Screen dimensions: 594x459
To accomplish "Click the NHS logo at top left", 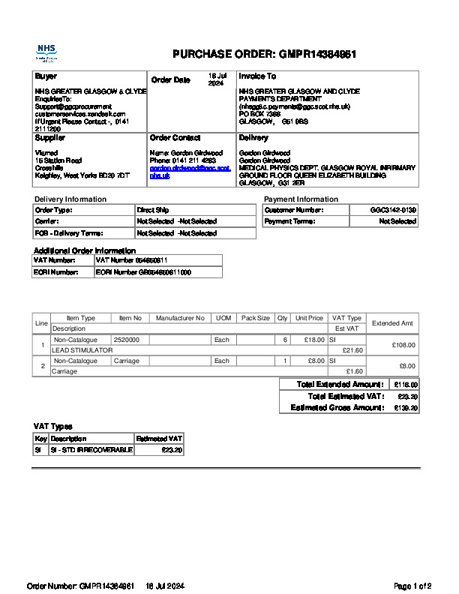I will pyautogui.click(x=46, y=52).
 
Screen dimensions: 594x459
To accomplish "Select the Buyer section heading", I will pyautogui.click(x=46, y=76).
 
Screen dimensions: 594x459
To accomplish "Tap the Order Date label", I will pyautogui.click(x=170, y=80).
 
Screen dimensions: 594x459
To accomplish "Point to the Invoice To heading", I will pyautogui.click(x=257, y=76).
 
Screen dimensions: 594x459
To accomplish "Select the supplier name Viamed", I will pyautogui.click(x=46, y=153).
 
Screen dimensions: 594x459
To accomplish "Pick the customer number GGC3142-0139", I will pyautogui.click(x=393, y=211).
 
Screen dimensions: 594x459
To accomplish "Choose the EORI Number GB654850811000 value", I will pyautogui.click(x=142, y=272).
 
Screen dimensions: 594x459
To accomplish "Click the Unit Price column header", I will pyautogui.click(x=309, y=319).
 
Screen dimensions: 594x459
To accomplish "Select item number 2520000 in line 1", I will pyautogui.click(x=127, y=340).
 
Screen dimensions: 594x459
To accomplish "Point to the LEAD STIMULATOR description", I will pyautogui.click(x=82, y=350).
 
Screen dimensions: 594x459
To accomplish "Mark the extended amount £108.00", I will pyautogui.click(x=404, y=345).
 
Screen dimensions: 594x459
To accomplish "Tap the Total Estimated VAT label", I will pyautogui.click(x=346, y=396).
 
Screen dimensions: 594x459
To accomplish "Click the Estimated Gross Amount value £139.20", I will pyautogui.click(x=406, y=408).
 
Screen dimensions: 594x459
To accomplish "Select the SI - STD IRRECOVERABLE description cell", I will pyautogui.click(x=91, y=450).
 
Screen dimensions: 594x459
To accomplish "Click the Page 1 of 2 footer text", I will pyautogui.click(x=412, y=586).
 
